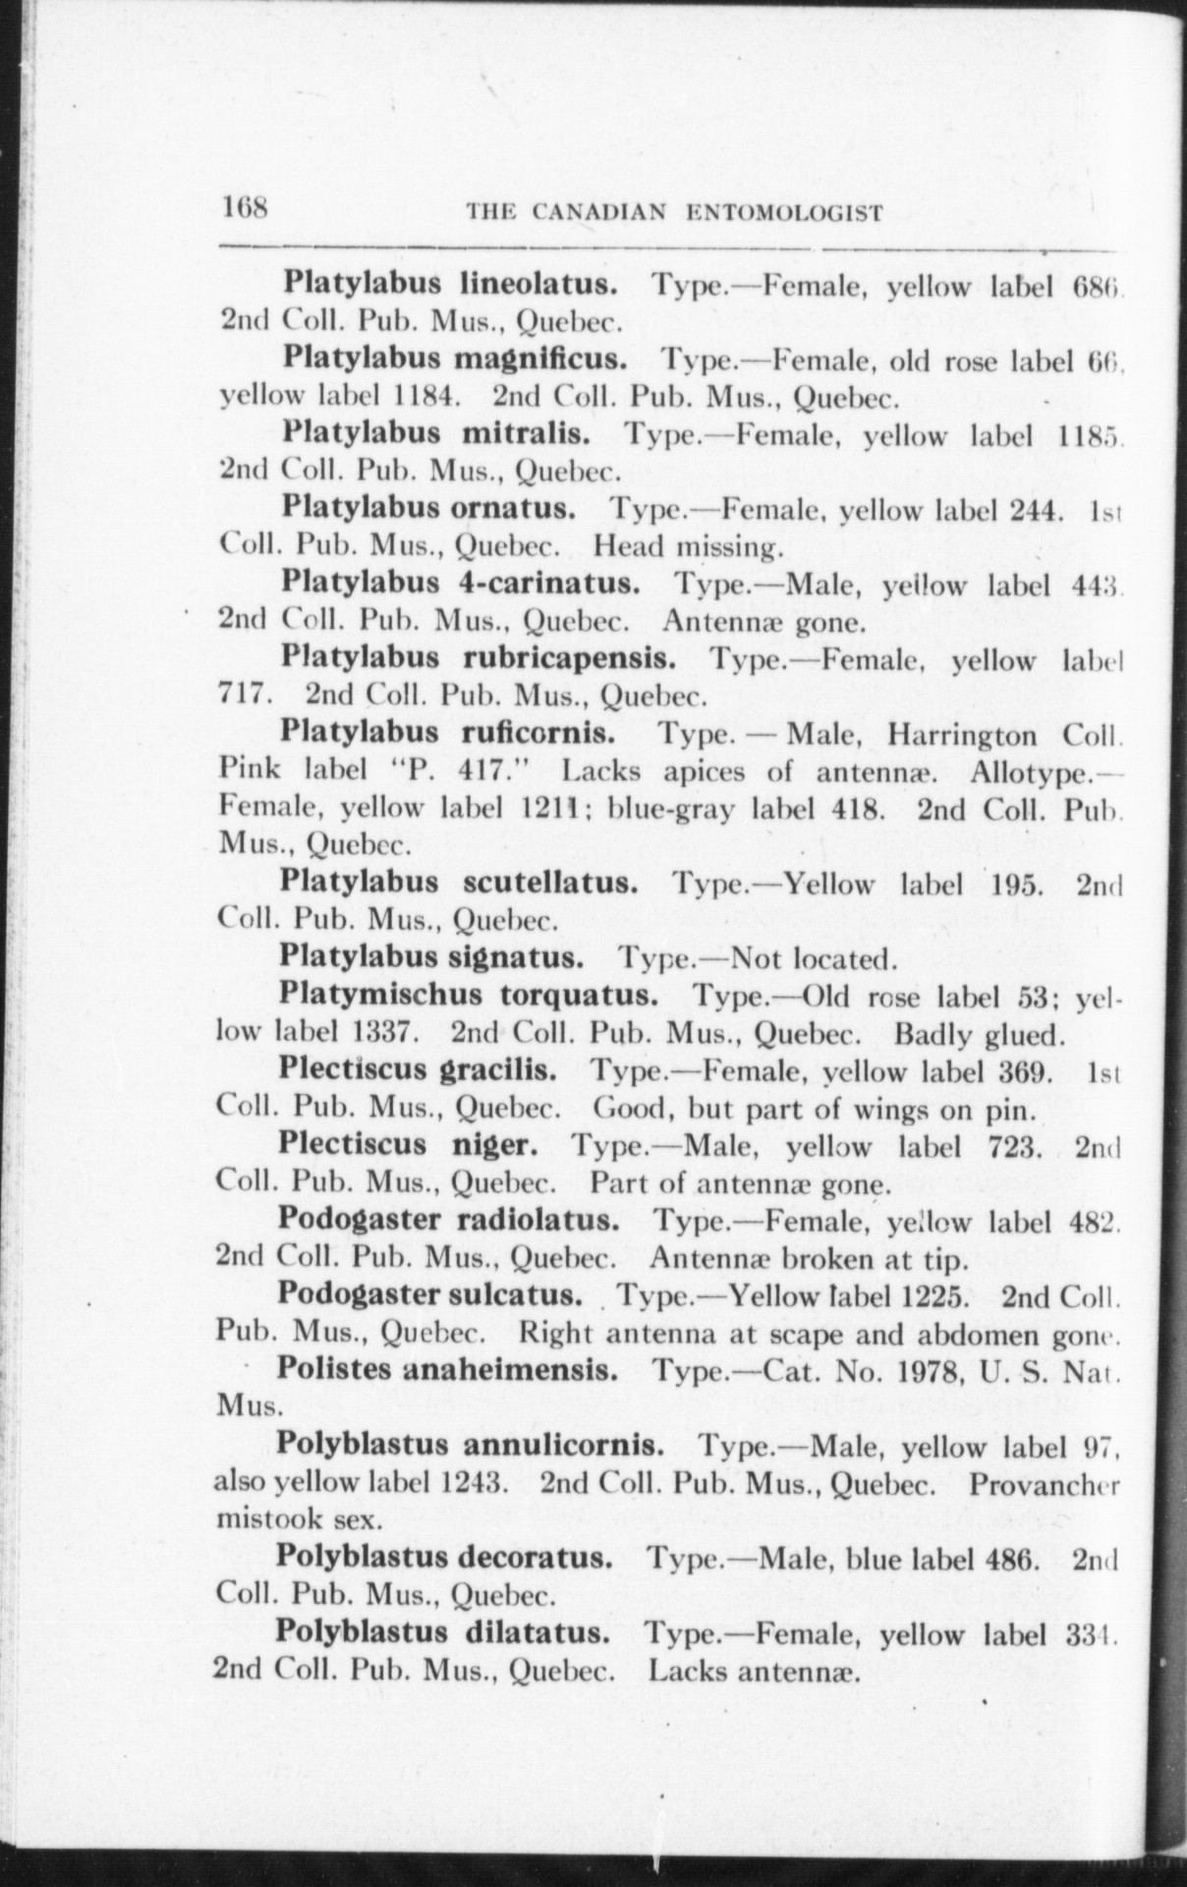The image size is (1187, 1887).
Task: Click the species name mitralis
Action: pos(526,433)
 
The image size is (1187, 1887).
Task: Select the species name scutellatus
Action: pos(551,882)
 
